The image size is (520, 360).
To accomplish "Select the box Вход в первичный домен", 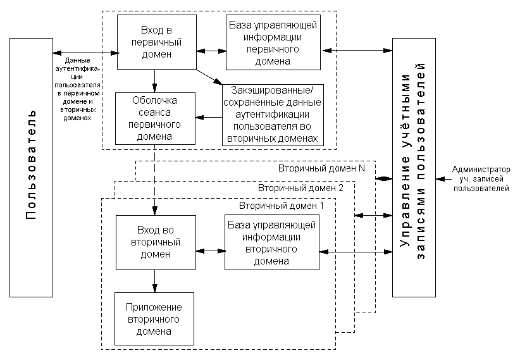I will [x=156, y=42].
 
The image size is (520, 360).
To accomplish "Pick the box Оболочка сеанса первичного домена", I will [x=155, y=118].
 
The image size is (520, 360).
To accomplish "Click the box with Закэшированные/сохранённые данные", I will [x=273, y=115].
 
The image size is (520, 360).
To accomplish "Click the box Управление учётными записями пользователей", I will [x=414, y=167].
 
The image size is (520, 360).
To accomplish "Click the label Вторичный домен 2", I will [x=301, y=188].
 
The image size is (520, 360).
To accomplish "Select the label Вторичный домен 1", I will [x=281, y=206].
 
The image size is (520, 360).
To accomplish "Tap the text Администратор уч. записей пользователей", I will [x=481, y=179].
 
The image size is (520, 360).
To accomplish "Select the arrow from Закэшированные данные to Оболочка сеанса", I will [x=208, y=116].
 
